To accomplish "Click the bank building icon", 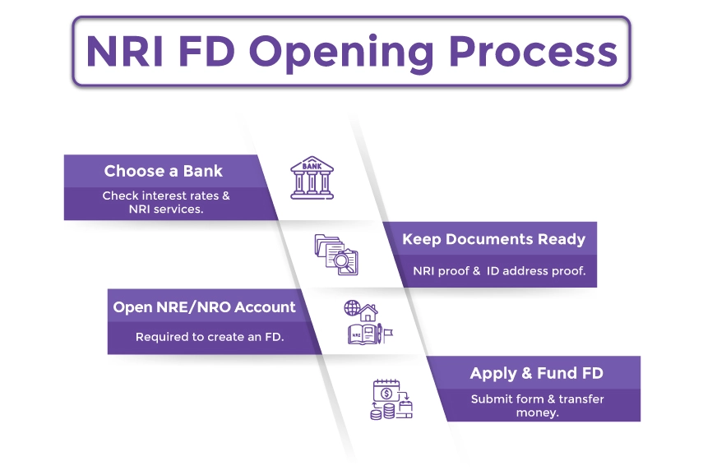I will pyautogui.click(x=312, y=177).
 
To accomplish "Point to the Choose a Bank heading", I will pyautogui.click(x=163, y=172).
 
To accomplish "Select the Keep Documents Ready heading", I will pyautogui.click(x=493, y=239).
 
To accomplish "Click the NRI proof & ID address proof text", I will pyautogui.click(x=499, y=271).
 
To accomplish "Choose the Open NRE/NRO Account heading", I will pyautogui.click(x=204, y=307).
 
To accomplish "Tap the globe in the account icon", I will pyautogui.click(x=352, y=309).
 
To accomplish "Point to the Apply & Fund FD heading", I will pyautogui.click(x=536, y=373).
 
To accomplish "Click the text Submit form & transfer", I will pyautogui.click(x=537, y=399).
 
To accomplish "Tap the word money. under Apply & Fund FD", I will pyautogui.click(x=537, y=412).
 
